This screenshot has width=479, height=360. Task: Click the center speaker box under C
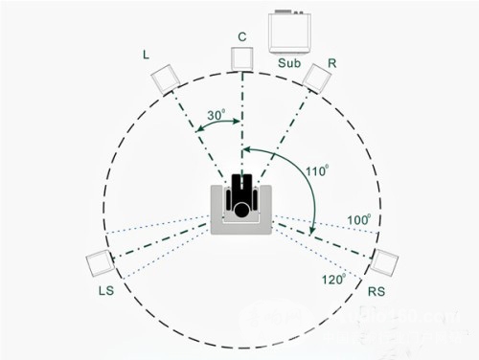point(242,59)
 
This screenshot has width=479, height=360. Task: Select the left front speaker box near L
point(165,79)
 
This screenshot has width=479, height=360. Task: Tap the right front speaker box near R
point(317,79)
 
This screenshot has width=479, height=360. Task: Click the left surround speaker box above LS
point(100,263)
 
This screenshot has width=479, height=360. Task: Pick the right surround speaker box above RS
point(384,262)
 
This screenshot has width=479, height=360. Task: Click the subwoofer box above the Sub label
point(289,33)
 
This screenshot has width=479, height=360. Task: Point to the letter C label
point(242,37)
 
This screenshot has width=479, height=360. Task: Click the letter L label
point(146,55)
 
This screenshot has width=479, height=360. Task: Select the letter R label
point(332,63)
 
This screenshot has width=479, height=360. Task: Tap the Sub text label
point(289,63)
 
